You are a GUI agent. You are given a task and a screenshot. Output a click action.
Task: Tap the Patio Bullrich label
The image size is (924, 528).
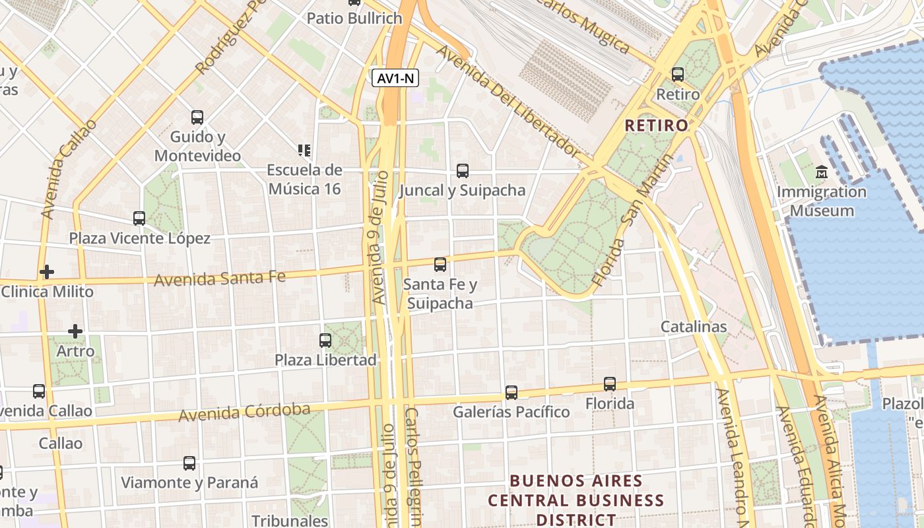[354, 18]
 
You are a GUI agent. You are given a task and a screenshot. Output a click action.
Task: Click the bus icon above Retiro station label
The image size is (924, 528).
[678, 75]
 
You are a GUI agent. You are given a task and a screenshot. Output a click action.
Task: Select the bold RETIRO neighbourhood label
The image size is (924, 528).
[656, 125]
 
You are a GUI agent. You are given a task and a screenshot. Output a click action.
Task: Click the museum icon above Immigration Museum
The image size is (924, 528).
[822, 172]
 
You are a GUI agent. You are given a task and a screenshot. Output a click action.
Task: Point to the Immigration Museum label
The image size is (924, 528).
[822, 201]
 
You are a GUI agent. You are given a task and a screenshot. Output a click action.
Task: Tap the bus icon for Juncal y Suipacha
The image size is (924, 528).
[463, 171]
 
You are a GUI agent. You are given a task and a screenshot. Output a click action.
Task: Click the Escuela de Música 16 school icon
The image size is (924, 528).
[304, 150]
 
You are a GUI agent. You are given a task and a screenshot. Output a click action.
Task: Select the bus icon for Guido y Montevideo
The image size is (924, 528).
[197, 117]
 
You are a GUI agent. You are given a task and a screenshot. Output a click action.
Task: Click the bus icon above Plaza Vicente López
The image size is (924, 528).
[139, 218]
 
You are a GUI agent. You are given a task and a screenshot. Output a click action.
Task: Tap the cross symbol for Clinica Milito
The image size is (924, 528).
[46, 271]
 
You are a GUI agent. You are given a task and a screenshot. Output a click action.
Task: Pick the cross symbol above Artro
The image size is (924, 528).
[75, 331]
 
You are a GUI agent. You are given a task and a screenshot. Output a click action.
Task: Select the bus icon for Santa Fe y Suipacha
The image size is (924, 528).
[440, 265]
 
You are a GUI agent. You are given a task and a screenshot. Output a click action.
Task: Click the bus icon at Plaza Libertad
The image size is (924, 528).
[325, 341]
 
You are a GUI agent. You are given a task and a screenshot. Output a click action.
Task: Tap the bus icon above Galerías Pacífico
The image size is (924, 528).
[511, 393]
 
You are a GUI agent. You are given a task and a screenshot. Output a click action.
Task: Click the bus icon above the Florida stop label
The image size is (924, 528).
[610, 383]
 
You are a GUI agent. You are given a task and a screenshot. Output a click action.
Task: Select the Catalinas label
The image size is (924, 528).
[694, 327]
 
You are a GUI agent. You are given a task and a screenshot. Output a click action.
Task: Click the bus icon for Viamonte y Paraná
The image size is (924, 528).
[189, 463]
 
